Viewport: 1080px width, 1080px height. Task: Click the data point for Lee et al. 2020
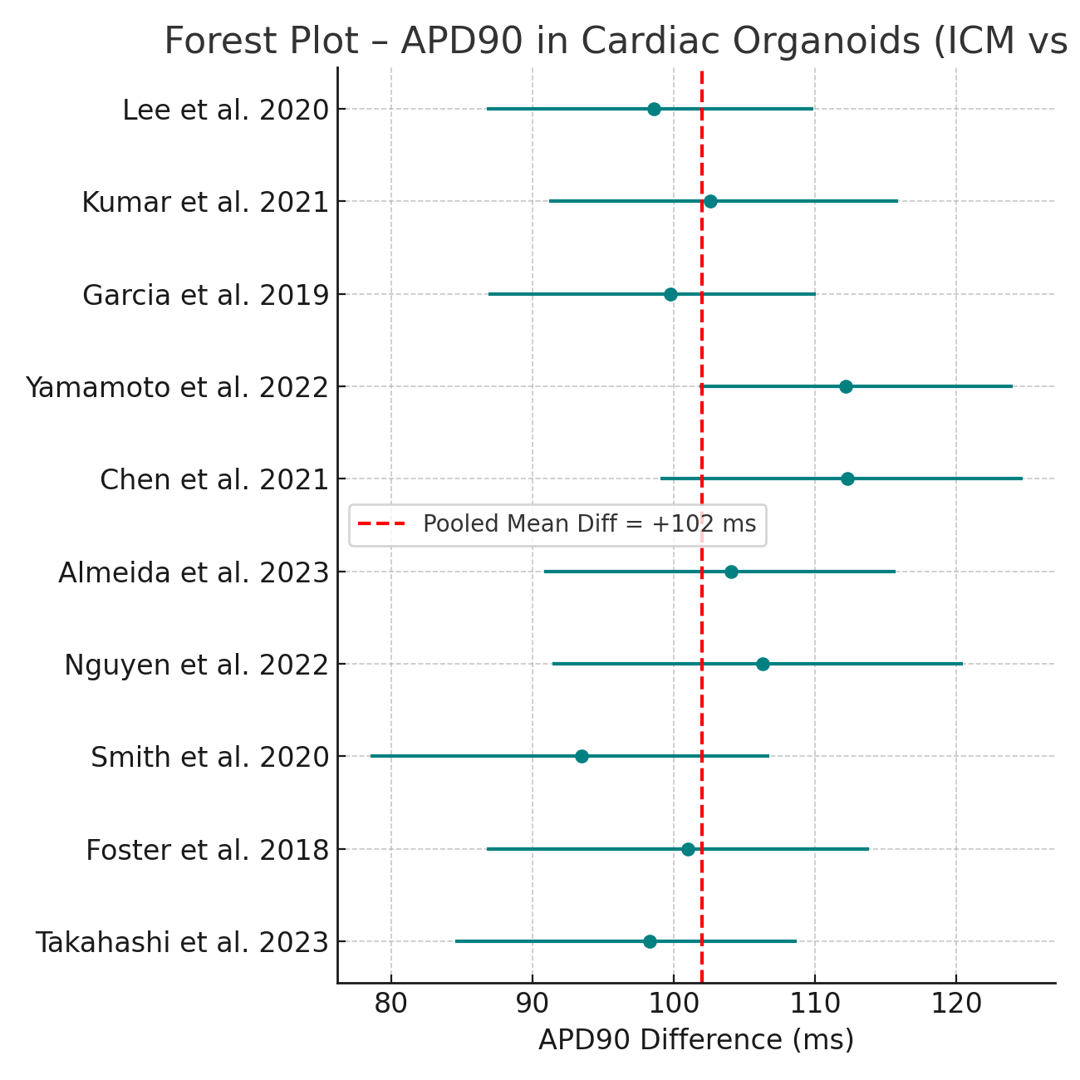654,110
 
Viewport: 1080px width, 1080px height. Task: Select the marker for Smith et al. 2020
582,756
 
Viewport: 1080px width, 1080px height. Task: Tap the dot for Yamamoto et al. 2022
846,386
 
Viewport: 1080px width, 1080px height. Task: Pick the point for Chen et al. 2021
847,479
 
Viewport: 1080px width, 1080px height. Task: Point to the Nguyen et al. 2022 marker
763,664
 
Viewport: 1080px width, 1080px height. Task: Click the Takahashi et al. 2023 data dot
650,941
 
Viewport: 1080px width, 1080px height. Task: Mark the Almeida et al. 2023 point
731,572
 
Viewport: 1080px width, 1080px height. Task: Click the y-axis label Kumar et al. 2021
205,202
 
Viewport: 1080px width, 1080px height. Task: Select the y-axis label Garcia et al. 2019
206,295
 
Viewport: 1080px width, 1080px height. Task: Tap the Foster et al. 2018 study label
208,850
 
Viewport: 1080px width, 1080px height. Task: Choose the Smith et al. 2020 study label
209,757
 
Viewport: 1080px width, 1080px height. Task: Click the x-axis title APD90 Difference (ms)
696,1040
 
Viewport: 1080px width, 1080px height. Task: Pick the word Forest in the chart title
214,42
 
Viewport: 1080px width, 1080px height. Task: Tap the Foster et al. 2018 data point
688,849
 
